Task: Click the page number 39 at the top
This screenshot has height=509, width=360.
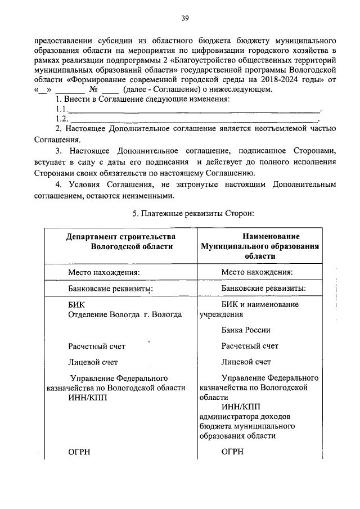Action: [x=184, y=19]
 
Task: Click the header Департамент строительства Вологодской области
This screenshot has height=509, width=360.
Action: [x=120, y=241]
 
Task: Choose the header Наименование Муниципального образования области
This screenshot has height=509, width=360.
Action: [x=259, y=246]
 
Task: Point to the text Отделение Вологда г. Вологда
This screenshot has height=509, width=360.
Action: [x=124, y=314]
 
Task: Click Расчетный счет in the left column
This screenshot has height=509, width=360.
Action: [x=97, y=346]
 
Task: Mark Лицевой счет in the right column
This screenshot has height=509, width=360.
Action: [x=246, y=362]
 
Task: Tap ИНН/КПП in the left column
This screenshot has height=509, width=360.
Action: [x=87, y=397]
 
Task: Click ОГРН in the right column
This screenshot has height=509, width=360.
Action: [x=232, y=452]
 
